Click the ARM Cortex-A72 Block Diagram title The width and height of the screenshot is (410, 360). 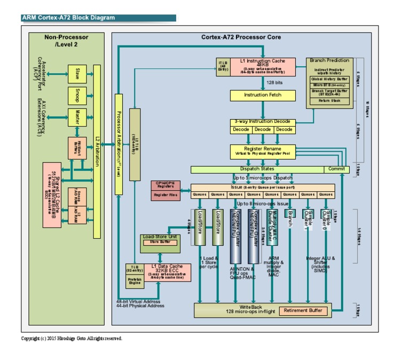(68, 18)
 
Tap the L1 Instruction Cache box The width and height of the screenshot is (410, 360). (263, 67)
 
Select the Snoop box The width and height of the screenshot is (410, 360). (77, 95)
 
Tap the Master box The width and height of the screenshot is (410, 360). (77, 117)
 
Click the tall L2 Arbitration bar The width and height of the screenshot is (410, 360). (97, 151)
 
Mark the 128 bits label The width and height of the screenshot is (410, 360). (274, 83)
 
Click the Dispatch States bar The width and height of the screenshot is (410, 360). (257, 169)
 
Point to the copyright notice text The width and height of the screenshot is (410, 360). (71, 339)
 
